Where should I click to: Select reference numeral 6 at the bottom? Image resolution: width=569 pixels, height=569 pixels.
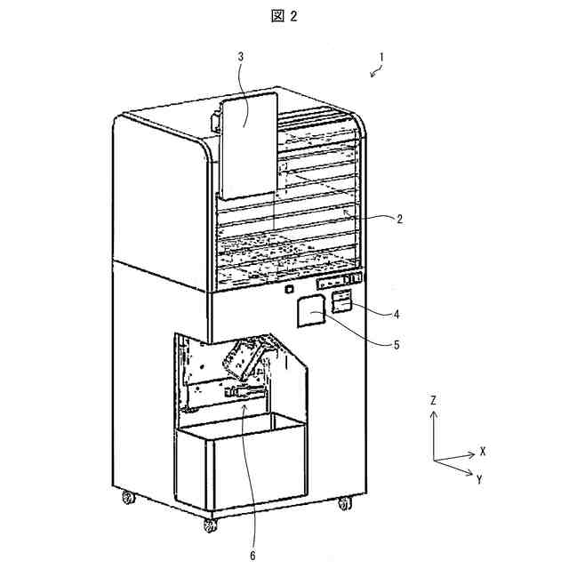[253, 556]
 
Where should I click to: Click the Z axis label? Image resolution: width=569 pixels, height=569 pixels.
[432, 401]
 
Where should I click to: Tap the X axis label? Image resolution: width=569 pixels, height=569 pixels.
[483, 451]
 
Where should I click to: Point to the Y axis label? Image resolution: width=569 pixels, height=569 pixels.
[479, 479]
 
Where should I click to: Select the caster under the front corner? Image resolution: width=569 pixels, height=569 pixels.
[210, 525]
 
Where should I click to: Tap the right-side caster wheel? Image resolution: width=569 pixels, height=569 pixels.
[344, 503]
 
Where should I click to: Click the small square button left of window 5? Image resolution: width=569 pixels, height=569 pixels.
[288, 289]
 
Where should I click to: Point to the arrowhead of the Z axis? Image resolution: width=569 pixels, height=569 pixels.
[433, 415]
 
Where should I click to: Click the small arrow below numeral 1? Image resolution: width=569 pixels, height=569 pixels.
[373, 74]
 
